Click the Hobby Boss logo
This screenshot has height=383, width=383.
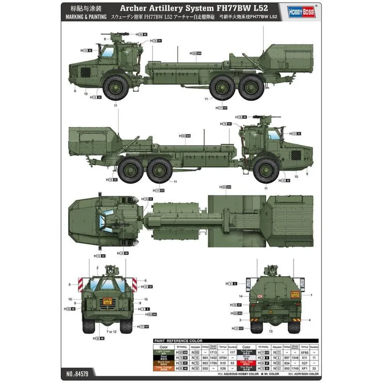pos(303,12)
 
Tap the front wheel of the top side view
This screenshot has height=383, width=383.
pos(115,87)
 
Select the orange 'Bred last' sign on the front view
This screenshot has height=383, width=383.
pos(107,300)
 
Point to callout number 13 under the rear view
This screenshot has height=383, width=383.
pos(270,331)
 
